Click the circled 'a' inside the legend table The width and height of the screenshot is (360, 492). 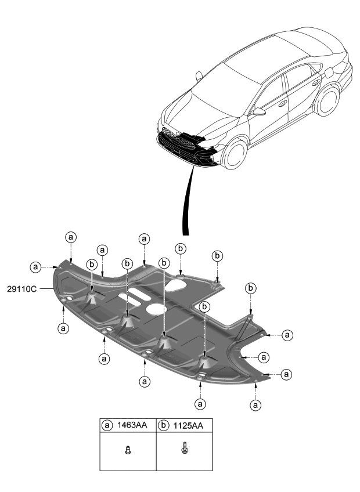pyautogui.click(x=107, y=425)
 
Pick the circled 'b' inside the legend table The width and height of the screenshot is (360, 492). pyautogui.click(x=164, y=425)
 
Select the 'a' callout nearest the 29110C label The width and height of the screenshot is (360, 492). pyautogui.click(x=37, y=267)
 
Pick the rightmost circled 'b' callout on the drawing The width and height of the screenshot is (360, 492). pyautogui.click(x=251, y=288)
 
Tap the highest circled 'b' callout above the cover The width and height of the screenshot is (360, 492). pyautogui.click(x=181, y=248)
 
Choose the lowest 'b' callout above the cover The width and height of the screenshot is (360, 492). pyautogui.click(x=204, y=306)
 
